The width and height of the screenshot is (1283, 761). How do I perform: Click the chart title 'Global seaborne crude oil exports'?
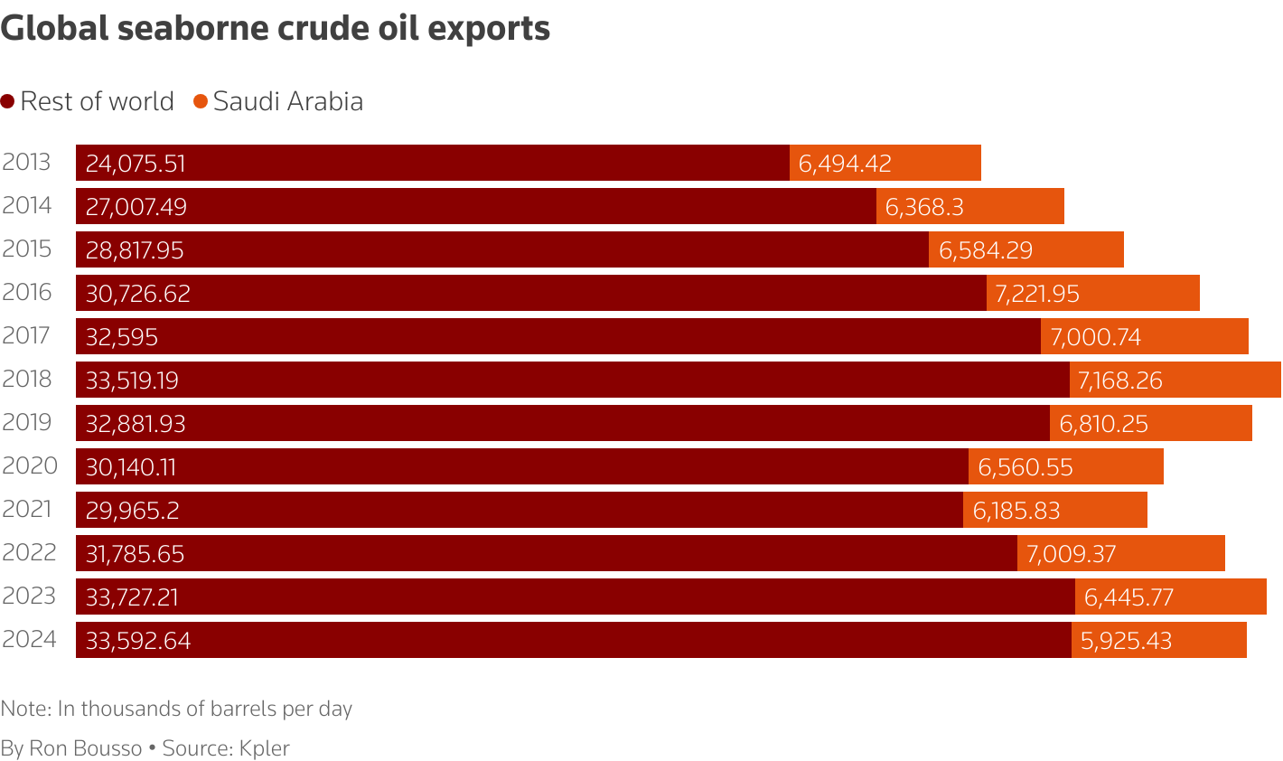276,29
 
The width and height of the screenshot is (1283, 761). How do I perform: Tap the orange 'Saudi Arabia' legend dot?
201,101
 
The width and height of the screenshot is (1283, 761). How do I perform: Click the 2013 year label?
26,163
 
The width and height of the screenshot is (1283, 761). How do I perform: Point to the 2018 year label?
27,379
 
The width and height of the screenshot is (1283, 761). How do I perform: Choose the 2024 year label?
29,639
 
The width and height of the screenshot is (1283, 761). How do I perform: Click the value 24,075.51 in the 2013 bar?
136,164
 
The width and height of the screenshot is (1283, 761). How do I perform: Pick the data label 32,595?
122,337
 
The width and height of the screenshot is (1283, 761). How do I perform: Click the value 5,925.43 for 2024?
1126,641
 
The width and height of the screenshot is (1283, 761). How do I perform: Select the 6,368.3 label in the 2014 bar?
924,207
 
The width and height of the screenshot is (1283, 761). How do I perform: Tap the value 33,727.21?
132,597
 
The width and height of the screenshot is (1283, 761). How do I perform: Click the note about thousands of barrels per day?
176,709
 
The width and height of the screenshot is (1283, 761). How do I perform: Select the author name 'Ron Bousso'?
86,748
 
